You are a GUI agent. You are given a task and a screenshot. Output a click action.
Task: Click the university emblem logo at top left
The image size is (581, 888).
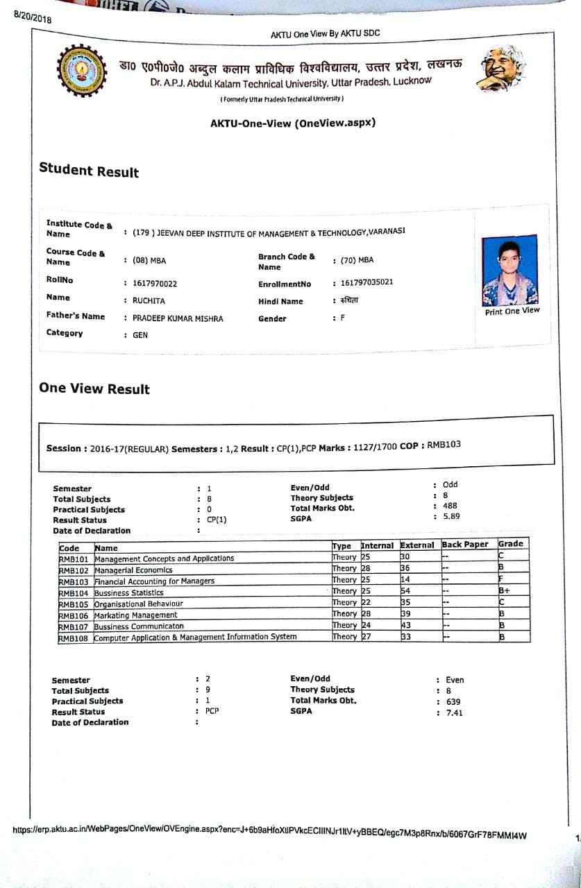click(81, 70)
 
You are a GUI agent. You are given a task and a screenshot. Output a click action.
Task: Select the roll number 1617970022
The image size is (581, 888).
click(155, 283)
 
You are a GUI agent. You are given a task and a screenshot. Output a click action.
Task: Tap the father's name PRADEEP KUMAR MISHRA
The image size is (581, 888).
click(178, 318)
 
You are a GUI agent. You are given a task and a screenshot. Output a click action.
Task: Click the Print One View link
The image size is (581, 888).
click(512, 311)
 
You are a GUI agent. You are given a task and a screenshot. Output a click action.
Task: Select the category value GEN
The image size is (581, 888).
click(140, 335)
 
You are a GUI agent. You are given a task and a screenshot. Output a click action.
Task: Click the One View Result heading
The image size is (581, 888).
click(94, 388)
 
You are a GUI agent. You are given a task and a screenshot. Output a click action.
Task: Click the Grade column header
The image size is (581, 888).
click(510, 544)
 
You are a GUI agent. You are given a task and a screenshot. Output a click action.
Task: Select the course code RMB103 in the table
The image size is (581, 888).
click(74, 581)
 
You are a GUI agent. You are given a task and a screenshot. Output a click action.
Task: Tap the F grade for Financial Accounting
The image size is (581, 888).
click(500, 579)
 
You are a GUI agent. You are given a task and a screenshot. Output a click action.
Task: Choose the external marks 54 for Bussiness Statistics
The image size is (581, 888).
click(406, 591)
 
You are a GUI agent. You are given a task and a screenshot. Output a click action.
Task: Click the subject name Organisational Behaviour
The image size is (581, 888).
click(139, 604)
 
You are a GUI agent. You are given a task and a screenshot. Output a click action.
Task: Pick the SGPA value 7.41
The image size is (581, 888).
click(455, 712)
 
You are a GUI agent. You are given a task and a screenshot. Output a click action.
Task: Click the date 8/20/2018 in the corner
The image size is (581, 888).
click(33, 18)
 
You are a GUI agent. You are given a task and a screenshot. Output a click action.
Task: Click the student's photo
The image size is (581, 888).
click(510, 270)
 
